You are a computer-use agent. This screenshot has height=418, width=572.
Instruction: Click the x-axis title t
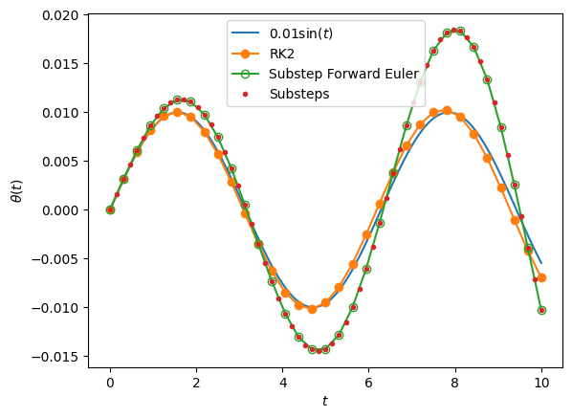pyautogui.click(x=325, y=401)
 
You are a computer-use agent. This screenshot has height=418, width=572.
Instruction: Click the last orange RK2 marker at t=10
pyautogui.click(x=541, y=277)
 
